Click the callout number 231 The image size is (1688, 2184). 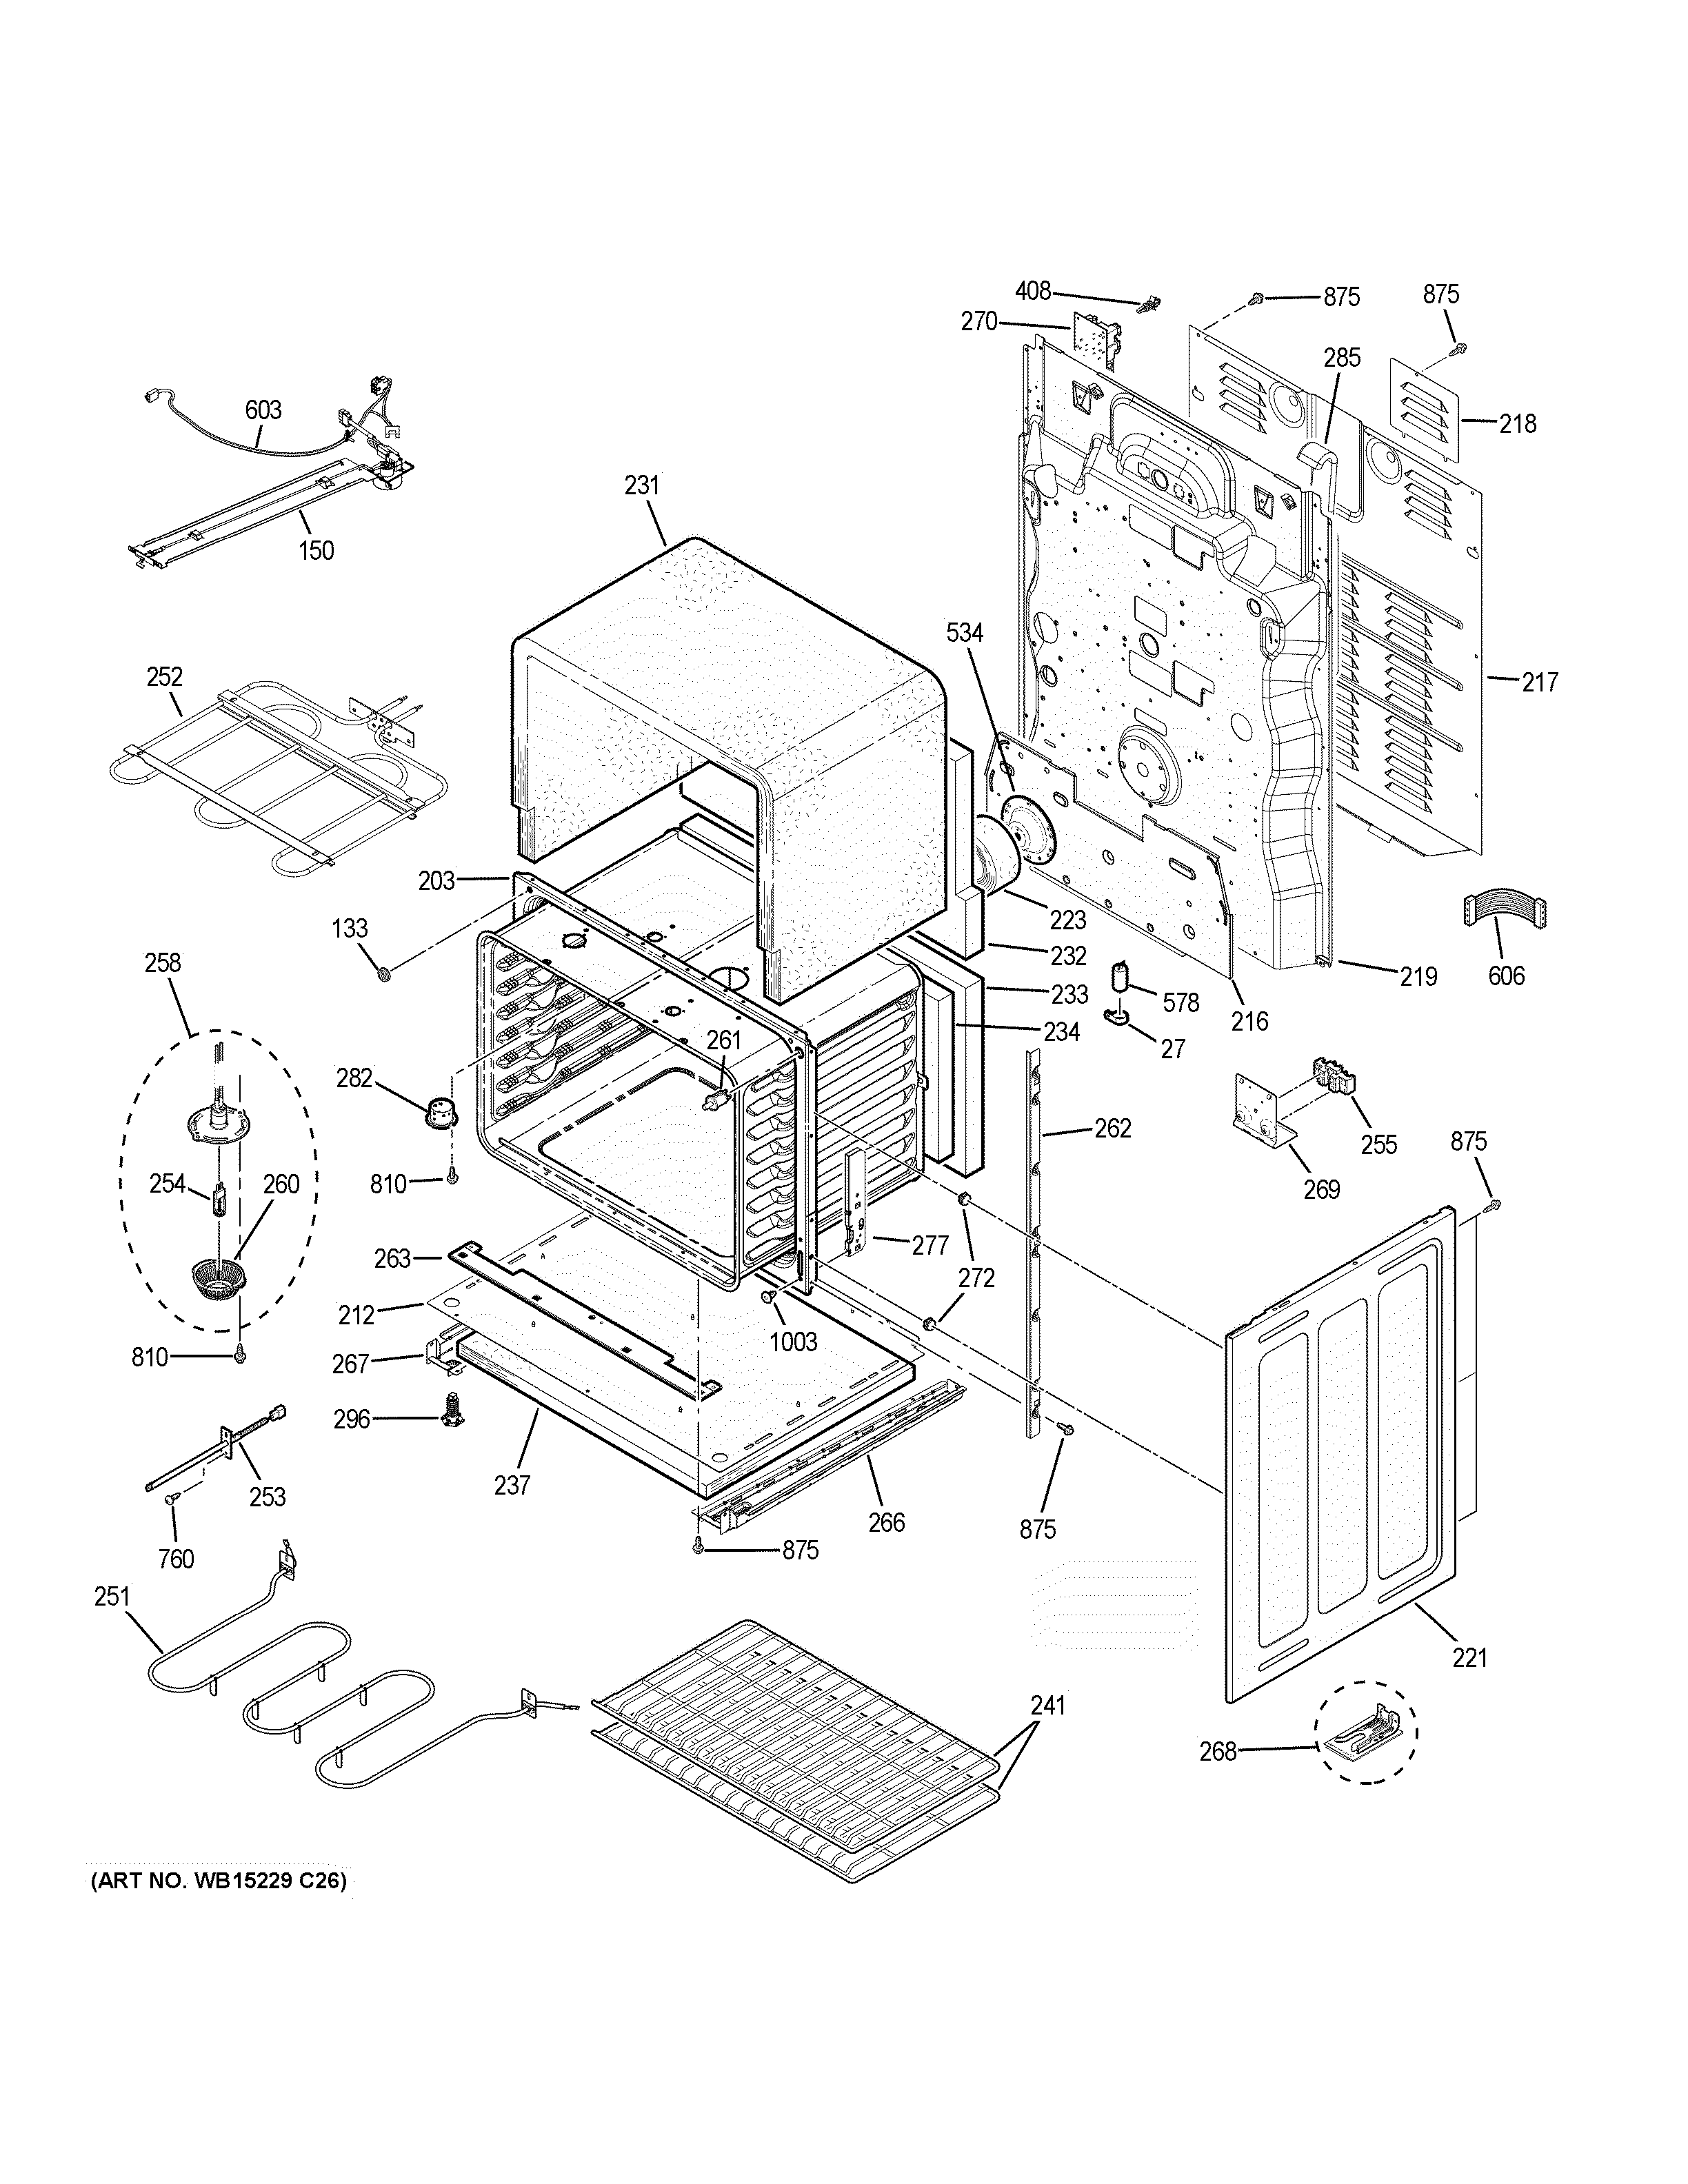642,485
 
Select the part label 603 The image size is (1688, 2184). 263,410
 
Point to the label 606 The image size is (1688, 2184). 1506,976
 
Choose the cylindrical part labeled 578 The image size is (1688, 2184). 1122,976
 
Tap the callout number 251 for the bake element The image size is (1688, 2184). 112,1597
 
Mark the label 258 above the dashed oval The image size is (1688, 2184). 162,963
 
